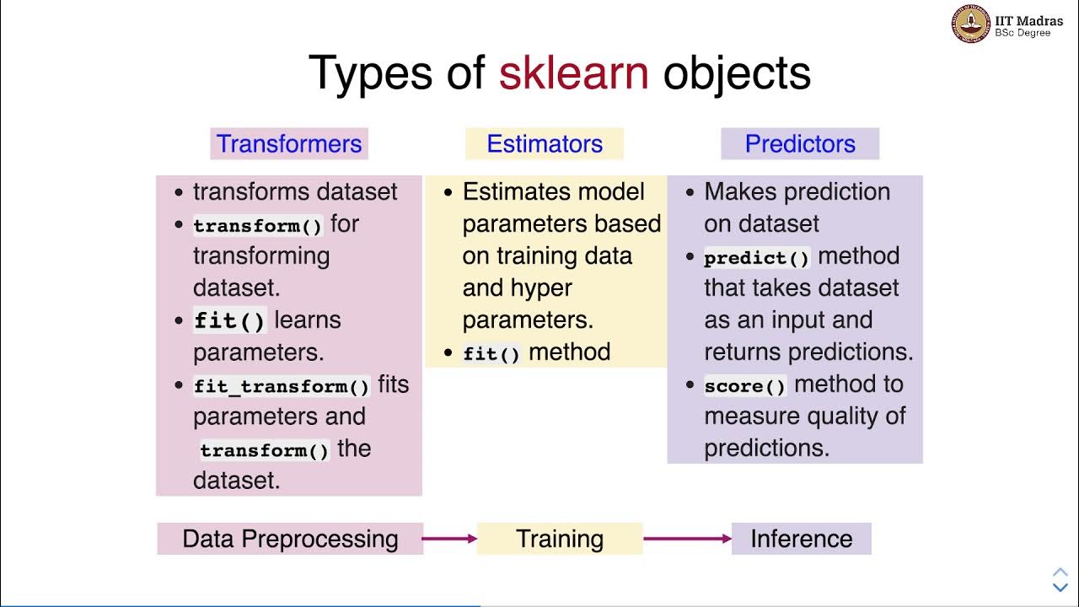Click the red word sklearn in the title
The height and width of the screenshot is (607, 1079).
click(x=573, y=73)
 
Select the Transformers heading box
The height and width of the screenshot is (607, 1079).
click(x=289, y=144)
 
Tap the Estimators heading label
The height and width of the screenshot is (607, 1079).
click(x=545, y=144)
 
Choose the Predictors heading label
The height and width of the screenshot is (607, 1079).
click(x=800, y=144)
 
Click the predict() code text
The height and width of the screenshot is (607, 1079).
click(x=757, y=258)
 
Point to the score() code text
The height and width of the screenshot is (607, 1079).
click(x=745, y=386)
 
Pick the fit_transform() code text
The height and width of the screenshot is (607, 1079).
click(x=282, y=386)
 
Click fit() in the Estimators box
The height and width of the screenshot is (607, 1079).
click(x=492, y=354)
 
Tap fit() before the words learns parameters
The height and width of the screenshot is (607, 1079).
click(x=229, y=321)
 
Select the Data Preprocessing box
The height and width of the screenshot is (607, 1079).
click(x=290, y=539)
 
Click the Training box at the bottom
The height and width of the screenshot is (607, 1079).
click(x=560, y=539)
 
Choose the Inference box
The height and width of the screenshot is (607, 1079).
click(x=801, y=539)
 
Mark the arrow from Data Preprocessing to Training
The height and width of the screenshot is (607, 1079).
click(x=449, y=539)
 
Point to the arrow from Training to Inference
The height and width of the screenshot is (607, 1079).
click(x=687, y=539)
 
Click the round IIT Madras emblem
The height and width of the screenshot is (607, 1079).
click(x=971, y=24)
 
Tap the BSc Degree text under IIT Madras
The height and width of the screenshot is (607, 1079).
click(x=1023, y=33)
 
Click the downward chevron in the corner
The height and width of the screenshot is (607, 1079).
click(x=1060, y=587)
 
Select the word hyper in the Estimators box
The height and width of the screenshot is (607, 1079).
click(x=542, y=288)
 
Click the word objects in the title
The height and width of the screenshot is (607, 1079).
click(x=737, y=73)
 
